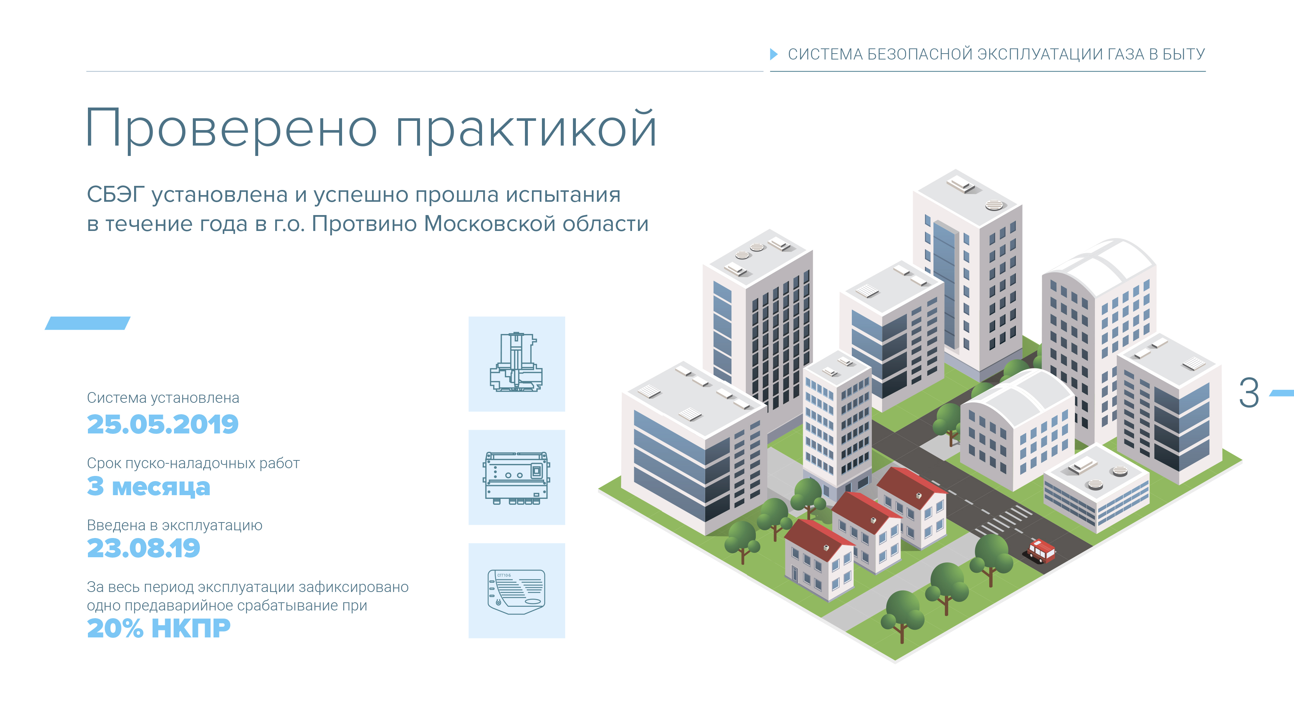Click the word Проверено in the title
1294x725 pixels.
(x=232, y=129)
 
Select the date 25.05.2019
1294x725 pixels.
(x=163, y=424)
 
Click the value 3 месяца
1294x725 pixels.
(x=149, y=486)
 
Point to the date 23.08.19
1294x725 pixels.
(x=144, y=548)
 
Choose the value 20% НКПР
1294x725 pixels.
(x=159, y=628)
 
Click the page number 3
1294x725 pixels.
(x=1249, y=392)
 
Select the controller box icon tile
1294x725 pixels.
(x=516, y=477)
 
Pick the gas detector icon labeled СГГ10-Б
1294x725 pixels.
(x=516, y=591)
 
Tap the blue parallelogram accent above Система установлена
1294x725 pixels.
(x=88, y=323)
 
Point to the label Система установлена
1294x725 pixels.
(x=163, y=398)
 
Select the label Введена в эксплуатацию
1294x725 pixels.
(x=175, y=525)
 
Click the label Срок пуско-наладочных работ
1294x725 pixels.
(x=194, y=463)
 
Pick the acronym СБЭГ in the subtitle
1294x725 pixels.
(x=116, y=194)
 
